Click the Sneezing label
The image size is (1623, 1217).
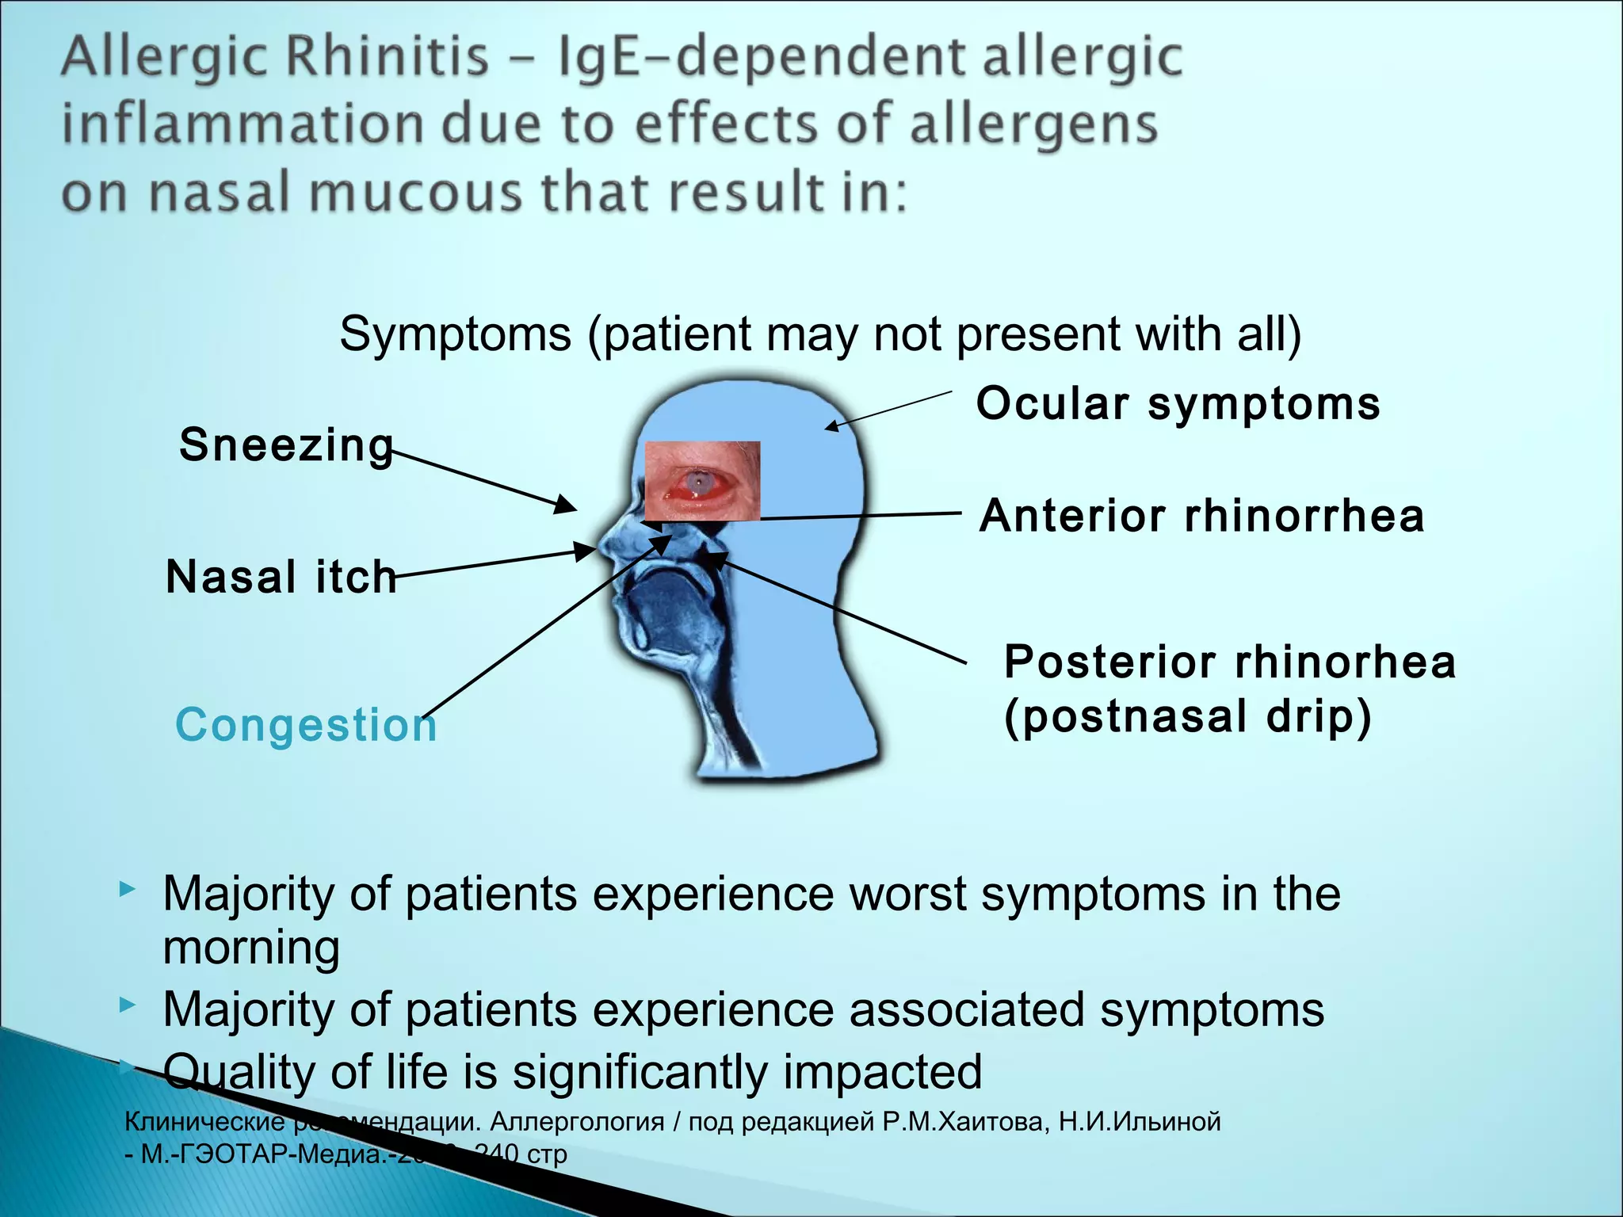pyautogui.click(x=286, y=445)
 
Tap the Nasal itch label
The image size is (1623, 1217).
pyautogui.click(x=281, y=577)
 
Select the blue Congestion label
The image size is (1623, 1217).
pyautogui.click(x=306, y=725)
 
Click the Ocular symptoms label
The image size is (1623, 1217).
pyautogui.click(x=1178, y=404)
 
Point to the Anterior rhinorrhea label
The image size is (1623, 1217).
pyautogui.click(x=1201, y=517)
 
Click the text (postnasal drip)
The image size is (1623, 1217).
pyautogui.click(x=1187, y=717)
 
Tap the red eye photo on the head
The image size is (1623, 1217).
pyautogui.click(x=703, y=482)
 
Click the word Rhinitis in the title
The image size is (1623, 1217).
pyautogui.click(x=386, y=57)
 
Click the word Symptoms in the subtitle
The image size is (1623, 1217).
pyautogui.click(x=455, y=334)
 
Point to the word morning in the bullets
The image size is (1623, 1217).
pyautogui.click(x=251, y=948)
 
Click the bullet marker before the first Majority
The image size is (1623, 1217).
pyautogui.click(x=128, y=890)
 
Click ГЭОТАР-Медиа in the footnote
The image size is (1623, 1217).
pyautogui.click(x=262, y=1154)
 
